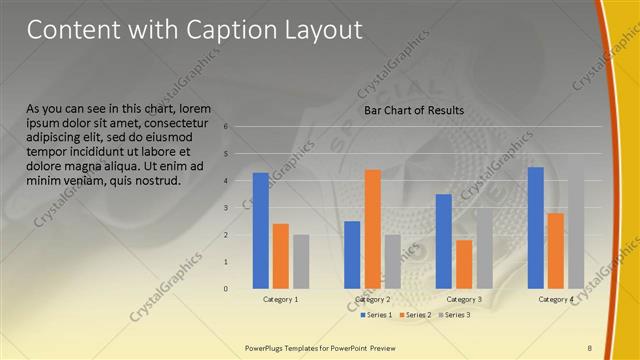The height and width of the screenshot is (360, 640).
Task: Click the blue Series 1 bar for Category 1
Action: [261, 230]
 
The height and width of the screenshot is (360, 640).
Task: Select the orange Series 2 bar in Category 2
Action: [372, 229]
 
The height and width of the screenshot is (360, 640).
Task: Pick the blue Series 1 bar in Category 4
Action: [536, 227]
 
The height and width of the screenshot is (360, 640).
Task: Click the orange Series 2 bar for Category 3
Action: [464, 264]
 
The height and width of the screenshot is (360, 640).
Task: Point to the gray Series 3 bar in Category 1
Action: [301, 261]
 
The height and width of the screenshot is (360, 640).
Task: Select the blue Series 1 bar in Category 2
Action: [352, 254]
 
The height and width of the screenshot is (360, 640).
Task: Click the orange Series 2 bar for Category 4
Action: [556, 250]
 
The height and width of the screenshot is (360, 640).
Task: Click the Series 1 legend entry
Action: [375, 315]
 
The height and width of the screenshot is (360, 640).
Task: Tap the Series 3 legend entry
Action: [456, 315]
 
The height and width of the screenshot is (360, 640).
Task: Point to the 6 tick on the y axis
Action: [227, 127]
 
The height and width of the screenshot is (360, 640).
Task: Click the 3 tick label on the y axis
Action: [227, 208]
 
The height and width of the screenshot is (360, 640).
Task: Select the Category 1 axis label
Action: [281, 299]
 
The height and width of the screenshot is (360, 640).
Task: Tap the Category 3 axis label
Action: [464, 299]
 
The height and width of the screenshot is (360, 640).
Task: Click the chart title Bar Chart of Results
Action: [413, 109]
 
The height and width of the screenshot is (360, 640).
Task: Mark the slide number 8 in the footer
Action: [589, 347]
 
